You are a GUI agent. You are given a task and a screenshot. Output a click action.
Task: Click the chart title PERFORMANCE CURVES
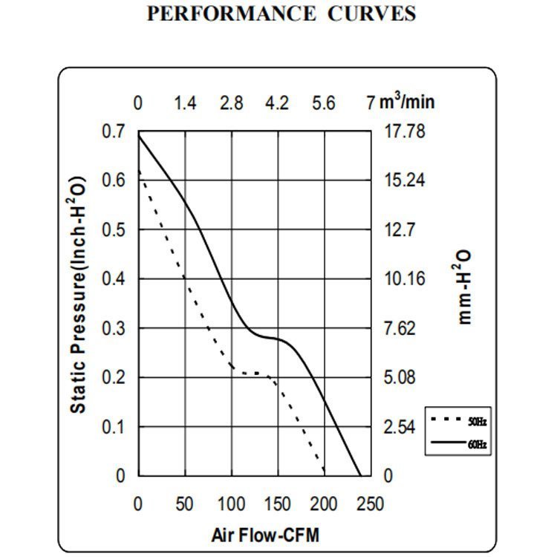pos(281,14)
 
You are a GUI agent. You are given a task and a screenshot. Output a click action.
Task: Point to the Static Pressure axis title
pos(79,296)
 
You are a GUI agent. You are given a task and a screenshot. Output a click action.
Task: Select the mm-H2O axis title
pos(464,287)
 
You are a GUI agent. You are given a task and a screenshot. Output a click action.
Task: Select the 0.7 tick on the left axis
pos(114,131)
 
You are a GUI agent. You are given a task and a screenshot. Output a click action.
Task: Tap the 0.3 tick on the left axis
pos(114,328)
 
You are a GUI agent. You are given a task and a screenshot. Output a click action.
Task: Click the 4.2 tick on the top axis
pos(277,103)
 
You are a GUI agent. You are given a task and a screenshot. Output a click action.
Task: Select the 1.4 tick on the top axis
pos(185,103)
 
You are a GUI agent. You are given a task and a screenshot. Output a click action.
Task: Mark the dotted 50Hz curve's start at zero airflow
pos(139,172)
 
